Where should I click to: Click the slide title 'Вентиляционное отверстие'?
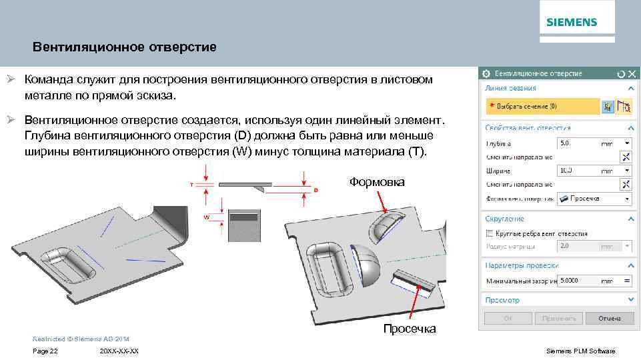(125, 47)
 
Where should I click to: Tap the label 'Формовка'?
(377, 182)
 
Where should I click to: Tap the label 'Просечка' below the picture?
(410, 329)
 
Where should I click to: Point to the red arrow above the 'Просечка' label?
(413, 303)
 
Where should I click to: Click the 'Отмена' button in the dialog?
(609, 319)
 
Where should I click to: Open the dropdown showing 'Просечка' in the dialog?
(594, 199)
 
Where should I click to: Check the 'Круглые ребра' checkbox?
(490, 234)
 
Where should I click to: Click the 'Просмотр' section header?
(502, 301)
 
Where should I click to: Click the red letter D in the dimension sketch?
(315, 191)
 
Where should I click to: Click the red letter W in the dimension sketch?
(207, 217)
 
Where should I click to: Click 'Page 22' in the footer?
(45, 351)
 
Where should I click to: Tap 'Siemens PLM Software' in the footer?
(580, 351)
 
